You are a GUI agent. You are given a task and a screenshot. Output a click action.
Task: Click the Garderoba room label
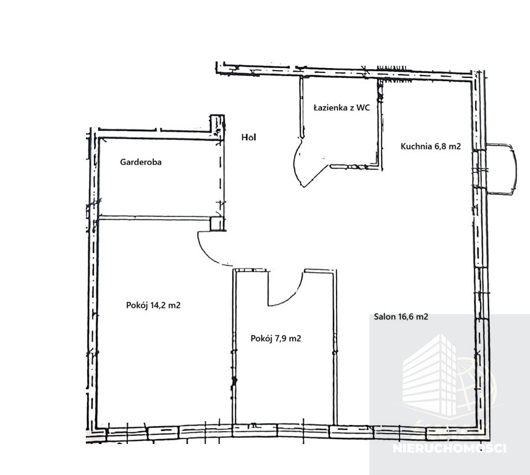click(141, 162)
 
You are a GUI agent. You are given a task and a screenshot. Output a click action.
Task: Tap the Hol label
click(249, 137)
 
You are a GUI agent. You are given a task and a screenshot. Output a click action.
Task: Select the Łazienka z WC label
click(342, 108)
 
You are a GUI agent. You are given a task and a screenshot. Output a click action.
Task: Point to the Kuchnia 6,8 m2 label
click(431, 146)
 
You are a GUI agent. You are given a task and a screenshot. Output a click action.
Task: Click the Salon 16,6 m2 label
click(401, 317)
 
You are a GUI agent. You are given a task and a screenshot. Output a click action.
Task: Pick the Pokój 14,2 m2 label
click(153, 306)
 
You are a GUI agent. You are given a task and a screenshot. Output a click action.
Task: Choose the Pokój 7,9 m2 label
click(276, 338)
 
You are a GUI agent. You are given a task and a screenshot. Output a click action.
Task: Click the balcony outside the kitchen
click(502, 169)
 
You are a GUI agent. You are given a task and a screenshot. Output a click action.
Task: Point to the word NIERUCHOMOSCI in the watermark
click(450, 448)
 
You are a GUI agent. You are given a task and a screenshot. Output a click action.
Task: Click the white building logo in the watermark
click(430, 375)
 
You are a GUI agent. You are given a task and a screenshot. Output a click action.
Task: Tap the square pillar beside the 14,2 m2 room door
click(217, 224)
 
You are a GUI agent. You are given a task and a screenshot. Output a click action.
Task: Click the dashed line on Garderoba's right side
click(221, 176)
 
